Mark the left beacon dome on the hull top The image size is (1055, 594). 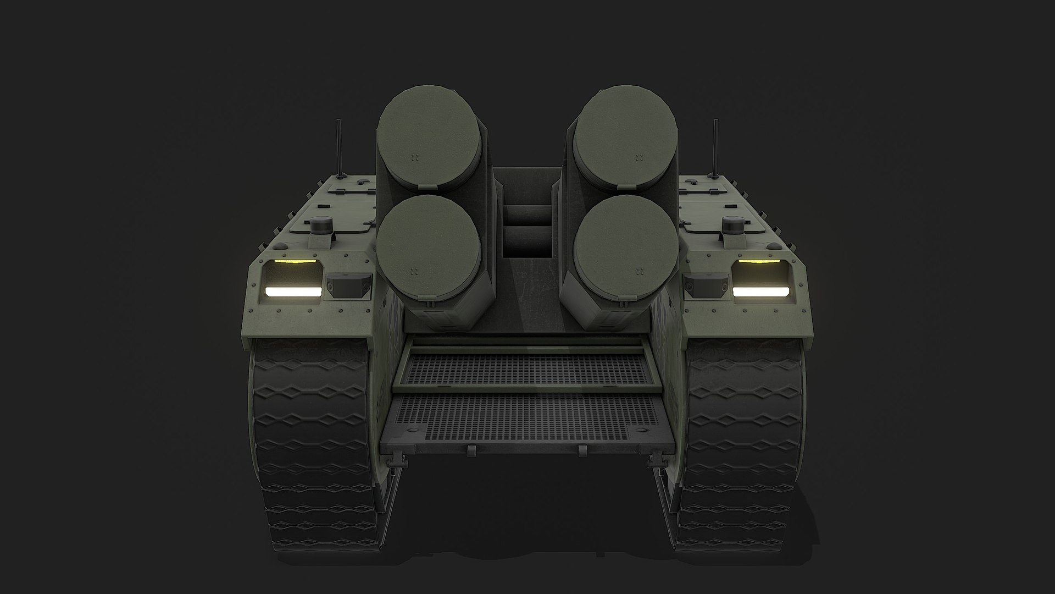coord(319,225)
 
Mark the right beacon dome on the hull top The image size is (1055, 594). coord(733,225)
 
